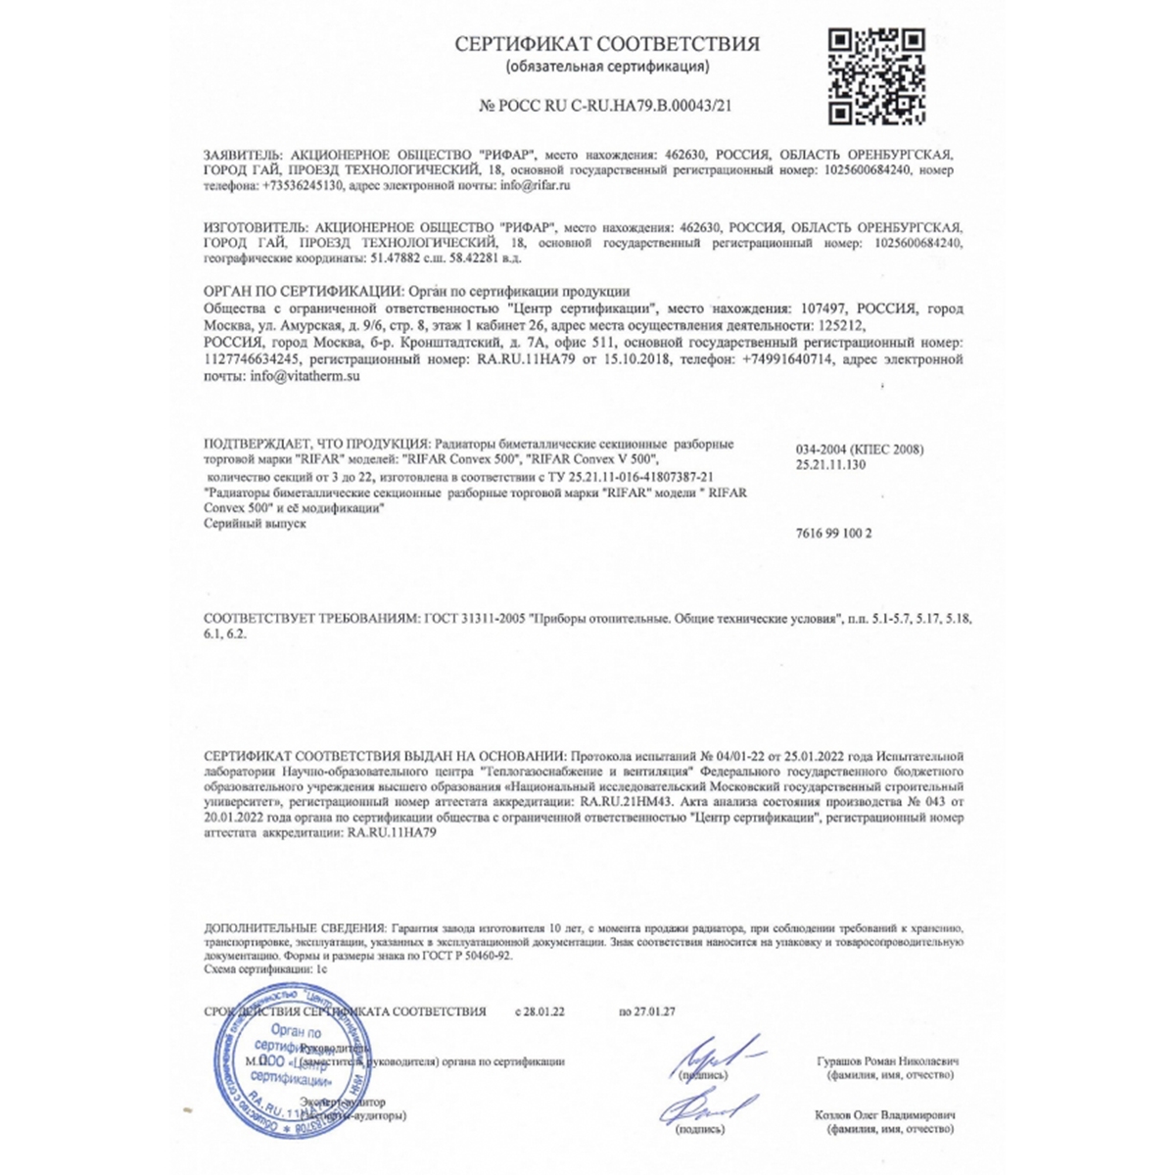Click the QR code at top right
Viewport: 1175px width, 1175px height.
coord(876,77)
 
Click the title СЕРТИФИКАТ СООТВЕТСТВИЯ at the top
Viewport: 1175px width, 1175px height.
coord(607,44)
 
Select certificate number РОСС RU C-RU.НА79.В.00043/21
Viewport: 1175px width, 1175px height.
coord(607,106)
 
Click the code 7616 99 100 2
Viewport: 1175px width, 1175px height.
coord(834,534)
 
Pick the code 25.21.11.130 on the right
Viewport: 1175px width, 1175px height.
coord(831,464)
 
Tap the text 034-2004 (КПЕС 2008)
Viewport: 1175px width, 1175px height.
coord(860,449)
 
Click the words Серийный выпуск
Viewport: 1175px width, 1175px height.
coord(255,524)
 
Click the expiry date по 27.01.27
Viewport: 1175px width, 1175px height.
coord(647,1011)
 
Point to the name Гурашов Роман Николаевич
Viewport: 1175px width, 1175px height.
coord(887,1061)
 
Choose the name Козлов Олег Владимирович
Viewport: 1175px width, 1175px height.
coord(885,1115)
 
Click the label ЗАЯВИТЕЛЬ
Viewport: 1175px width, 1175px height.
coord(241,156)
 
